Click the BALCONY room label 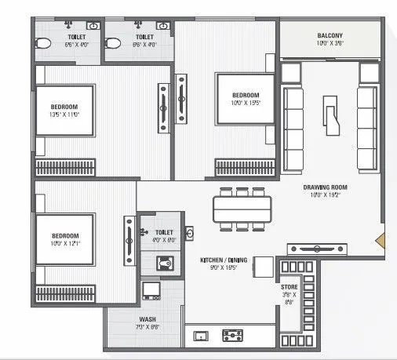[328, 36]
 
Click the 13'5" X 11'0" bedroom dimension [64, 115]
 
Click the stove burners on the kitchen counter [233, 336]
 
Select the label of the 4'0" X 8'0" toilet [163, 233]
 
